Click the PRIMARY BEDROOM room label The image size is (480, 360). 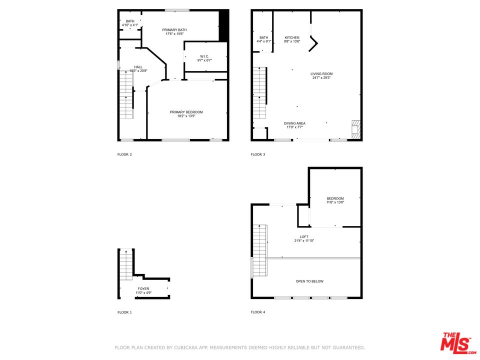(186, 112)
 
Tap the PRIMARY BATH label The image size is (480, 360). (174, 30)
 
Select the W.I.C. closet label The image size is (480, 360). (205, 56)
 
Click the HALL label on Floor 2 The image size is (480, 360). (138, 67)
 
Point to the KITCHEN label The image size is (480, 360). (292, 37)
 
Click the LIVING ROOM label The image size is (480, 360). (321, 74)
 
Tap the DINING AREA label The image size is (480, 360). (294, 123)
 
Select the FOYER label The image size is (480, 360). (143, 288)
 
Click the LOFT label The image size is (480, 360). (304, 236)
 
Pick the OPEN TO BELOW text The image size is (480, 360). (309, 281)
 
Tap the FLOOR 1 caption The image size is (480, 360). (124, 312)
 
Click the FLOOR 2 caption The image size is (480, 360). (124, 154)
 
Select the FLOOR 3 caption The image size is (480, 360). (258, 154)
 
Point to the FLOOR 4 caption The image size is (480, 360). (258, 312)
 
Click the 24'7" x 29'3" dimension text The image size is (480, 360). (321, 78)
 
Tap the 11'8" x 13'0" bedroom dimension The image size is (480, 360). (335, 202)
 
